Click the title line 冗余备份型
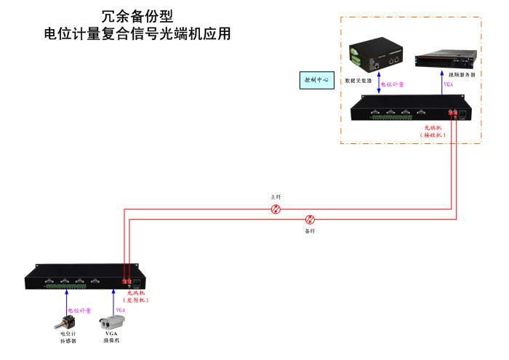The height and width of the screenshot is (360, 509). click(x=137, y=16)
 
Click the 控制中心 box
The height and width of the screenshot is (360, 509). click(x=316, y=80)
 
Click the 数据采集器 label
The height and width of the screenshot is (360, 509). click(x=358, y=81)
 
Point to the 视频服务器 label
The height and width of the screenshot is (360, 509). click(x=462, y=75)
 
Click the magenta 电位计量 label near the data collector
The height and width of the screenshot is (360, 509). click(x=393, y=84)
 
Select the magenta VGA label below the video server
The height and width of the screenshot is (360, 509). click(x=448, y=84)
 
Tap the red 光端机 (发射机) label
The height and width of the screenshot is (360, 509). click(x=137, y=296)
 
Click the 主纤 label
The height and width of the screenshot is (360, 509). click(x=276, y=197)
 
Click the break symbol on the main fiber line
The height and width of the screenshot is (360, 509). click(x=276, y=209)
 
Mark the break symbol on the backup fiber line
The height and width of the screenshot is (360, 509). click(x=310, y=219)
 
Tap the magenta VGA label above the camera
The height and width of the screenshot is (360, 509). click(x=121, y=310)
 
